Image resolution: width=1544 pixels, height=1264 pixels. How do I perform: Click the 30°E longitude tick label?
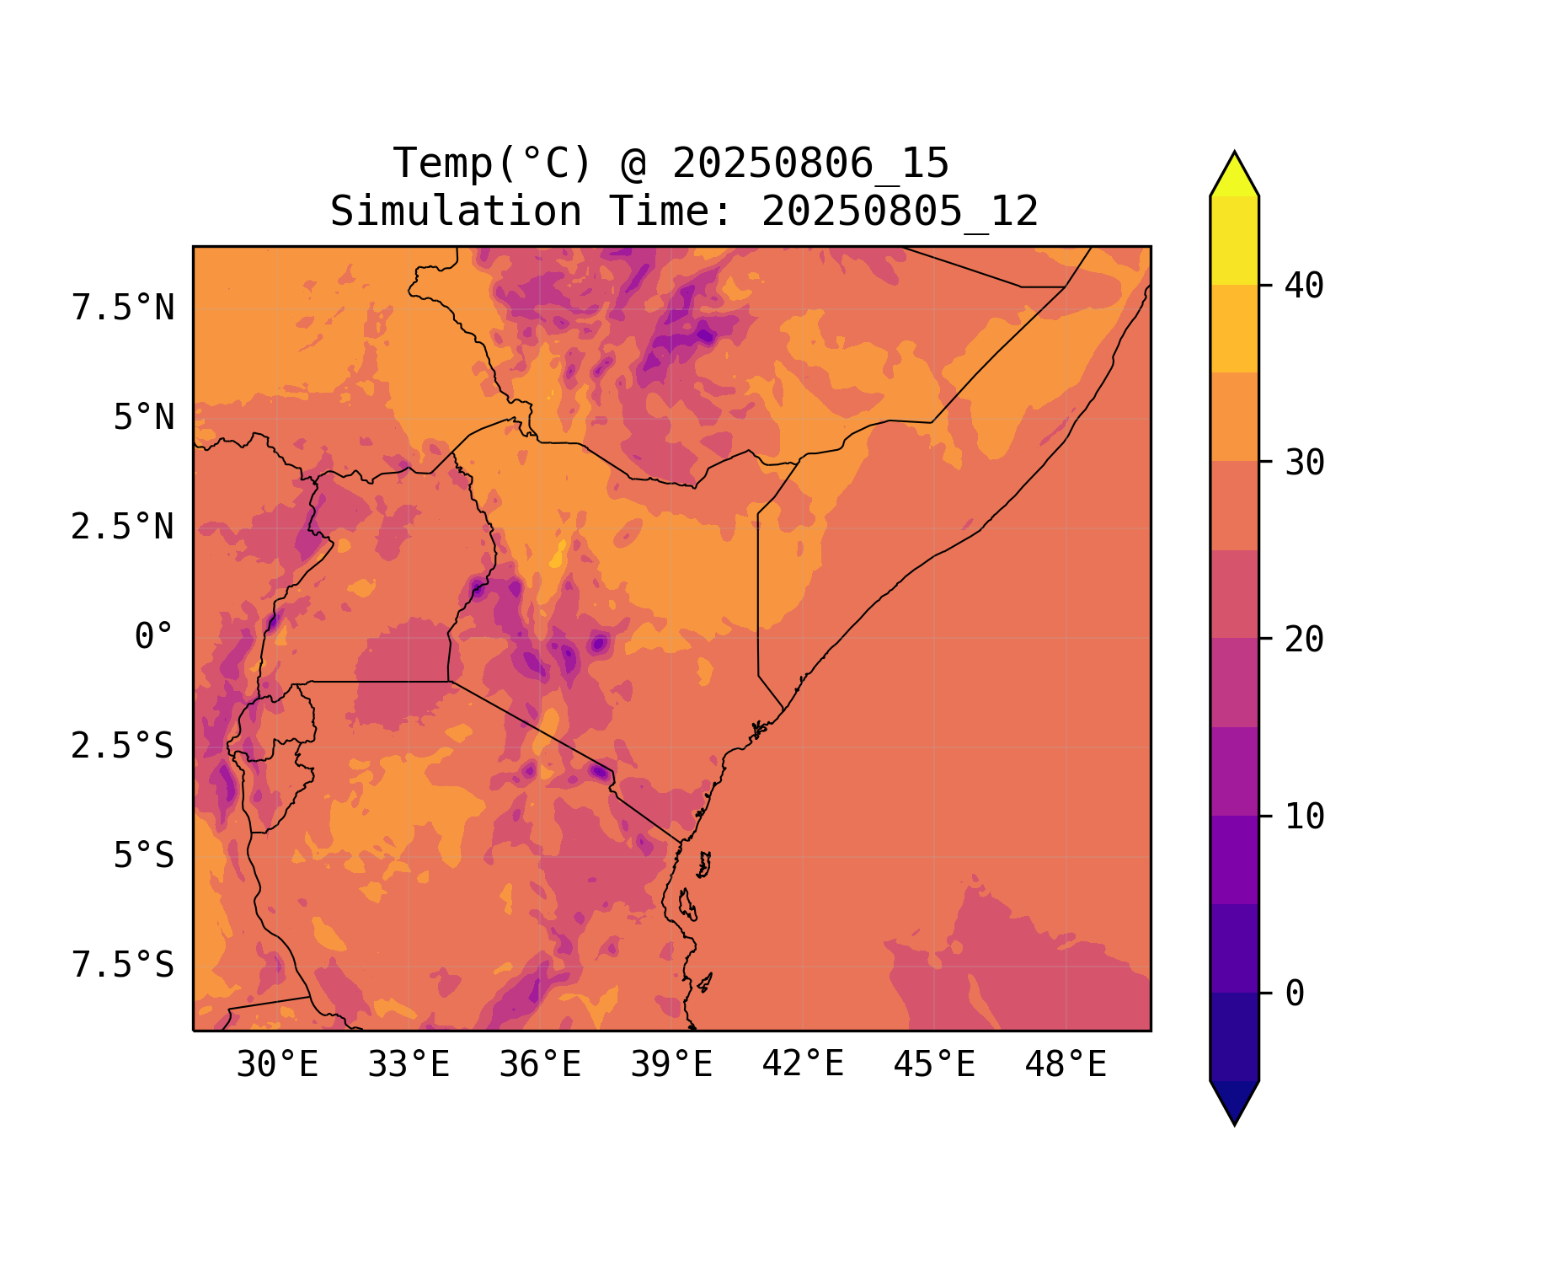[277, 1065]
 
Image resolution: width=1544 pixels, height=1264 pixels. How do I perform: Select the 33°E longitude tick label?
[409, 1065]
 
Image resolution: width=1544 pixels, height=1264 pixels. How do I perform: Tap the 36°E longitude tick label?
[540, 1065]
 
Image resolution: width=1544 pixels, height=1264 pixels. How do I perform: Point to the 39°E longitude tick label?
[671, 1065]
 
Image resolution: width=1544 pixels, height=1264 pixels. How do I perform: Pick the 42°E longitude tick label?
[803, 1065]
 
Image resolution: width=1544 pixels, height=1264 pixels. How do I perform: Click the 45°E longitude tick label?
[934, 1065]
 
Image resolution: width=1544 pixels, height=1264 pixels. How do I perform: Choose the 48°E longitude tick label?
[1066, 1065]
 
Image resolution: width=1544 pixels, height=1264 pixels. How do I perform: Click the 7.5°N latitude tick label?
[123, 308]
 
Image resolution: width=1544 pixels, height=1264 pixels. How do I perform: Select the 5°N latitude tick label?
[143, 418]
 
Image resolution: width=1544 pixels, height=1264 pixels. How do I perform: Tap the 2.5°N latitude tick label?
[123, 528]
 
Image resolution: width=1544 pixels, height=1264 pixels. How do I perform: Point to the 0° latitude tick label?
[153, 637]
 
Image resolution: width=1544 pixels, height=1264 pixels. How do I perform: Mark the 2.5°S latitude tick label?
[123, 747]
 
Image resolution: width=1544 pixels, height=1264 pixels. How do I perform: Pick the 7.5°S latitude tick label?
[123, 966]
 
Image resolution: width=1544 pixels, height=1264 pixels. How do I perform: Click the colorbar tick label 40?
[1304, 286]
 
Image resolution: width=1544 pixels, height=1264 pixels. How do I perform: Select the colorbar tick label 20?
[1304, 640]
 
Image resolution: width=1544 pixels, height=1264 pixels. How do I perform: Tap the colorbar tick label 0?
[1295, 994]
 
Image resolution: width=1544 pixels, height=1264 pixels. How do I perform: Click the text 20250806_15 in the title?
[810, 163]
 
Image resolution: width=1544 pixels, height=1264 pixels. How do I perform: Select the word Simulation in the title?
[456, 212]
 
